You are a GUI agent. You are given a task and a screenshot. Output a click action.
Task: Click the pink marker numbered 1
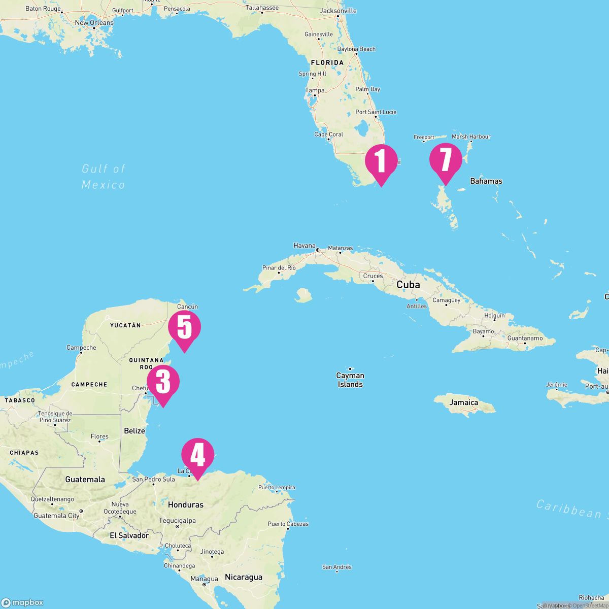tap(381, 161)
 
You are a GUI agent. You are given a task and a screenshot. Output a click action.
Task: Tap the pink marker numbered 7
tap(446, 160)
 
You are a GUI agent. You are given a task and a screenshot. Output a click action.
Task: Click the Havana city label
tap(304, 246)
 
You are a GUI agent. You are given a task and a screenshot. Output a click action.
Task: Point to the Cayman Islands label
tap(350, 380)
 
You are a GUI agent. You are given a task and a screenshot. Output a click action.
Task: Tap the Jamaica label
tap(464, 402)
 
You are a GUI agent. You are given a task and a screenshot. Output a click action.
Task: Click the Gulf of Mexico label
tap(104, 177)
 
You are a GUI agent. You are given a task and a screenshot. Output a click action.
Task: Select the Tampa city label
tap(315, 90)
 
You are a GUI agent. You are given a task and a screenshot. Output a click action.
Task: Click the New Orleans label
tap(94, 23)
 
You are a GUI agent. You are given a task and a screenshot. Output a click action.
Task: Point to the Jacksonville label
tap(339, 11)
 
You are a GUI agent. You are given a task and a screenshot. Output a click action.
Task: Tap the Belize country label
tap(134, 431)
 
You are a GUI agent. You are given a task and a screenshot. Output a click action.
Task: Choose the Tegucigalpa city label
tap(177, 520)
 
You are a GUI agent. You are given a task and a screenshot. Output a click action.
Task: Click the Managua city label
tap(204, 579)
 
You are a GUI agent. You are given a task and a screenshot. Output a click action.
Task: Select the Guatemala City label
tap(56, 516)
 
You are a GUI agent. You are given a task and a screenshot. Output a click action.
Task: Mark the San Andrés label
tap(337, 567)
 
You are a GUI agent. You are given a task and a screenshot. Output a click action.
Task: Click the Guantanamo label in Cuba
tap(525, 338)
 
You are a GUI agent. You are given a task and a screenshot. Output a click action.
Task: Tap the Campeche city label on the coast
tap(81, 348)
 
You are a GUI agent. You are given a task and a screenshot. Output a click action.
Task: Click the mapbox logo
tap(22, 602)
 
